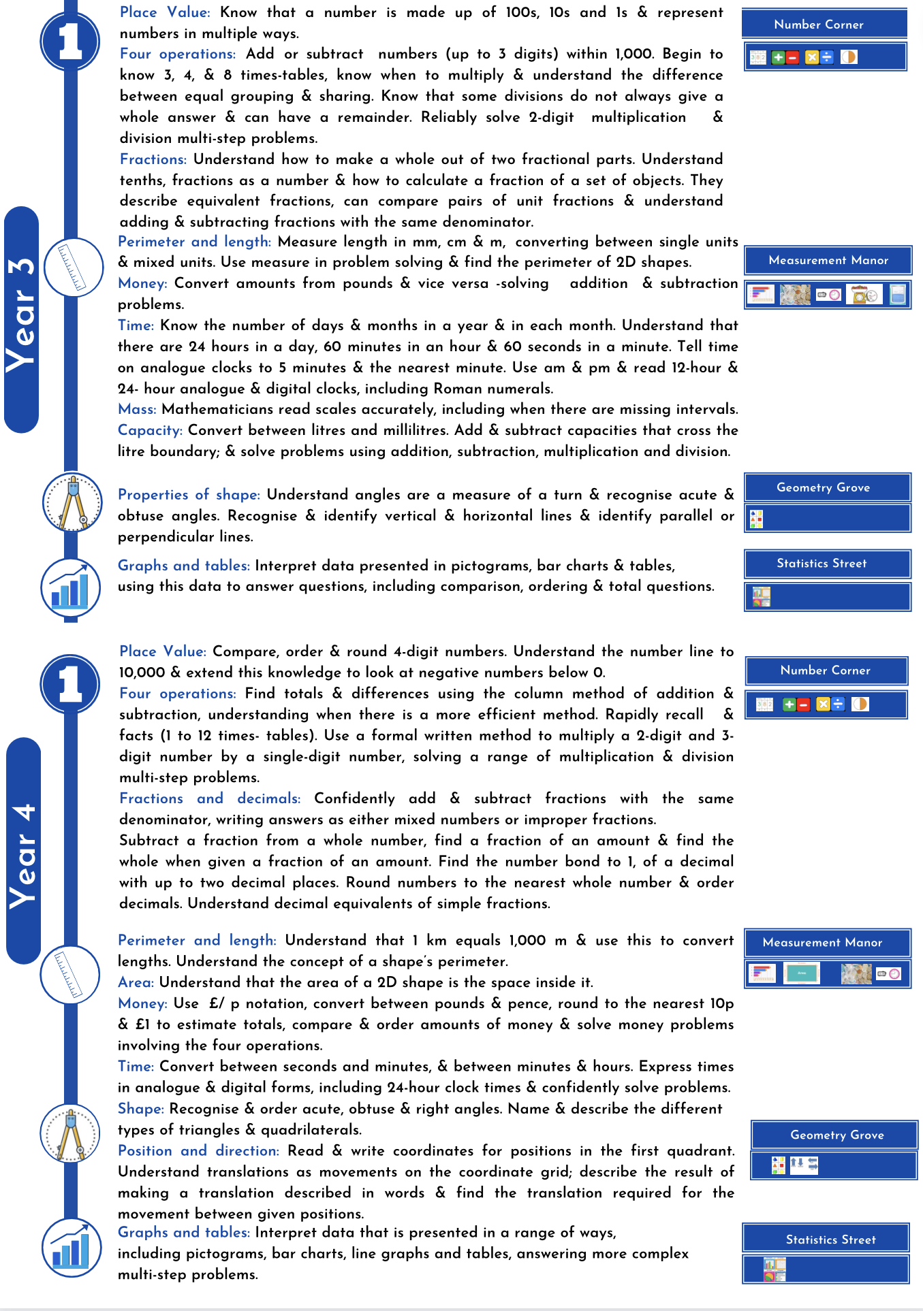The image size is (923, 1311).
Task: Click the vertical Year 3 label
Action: click(21, 319)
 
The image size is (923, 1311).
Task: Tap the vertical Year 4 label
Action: click(23, 851)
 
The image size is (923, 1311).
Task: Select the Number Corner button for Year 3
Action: click(824, 24)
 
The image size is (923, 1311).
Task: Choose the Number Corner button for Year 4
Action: click(826, 670)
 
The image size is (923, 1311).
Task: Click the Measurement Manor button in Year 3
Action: click(828, 260)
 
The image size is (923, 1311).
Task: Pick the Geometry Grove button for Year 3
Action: click(827, 487)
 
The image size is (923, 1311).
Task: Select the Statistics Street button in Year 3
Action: click(827, 564)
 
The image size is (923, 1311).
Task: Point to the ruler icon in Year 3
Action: click(72, 268)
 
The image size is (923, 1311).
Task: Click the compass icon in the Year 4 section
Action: click(71, 1133)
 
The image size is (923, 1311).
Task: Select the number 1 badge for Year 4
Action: click(69, 683)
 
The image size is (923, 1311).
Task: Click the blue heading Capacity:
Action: click(150, 430)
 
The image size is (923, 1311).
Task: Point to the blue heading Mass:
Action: click(137, 409)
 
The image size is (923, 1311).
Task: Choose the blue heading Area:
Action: click(136, 982)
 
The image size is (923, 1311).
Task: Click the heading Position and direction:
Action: click(198, 1150)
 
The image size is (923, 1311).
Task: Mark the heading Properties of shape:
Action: click(189, 495)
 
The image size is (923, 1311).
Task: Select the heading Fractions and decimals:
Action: click(210, 798)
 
